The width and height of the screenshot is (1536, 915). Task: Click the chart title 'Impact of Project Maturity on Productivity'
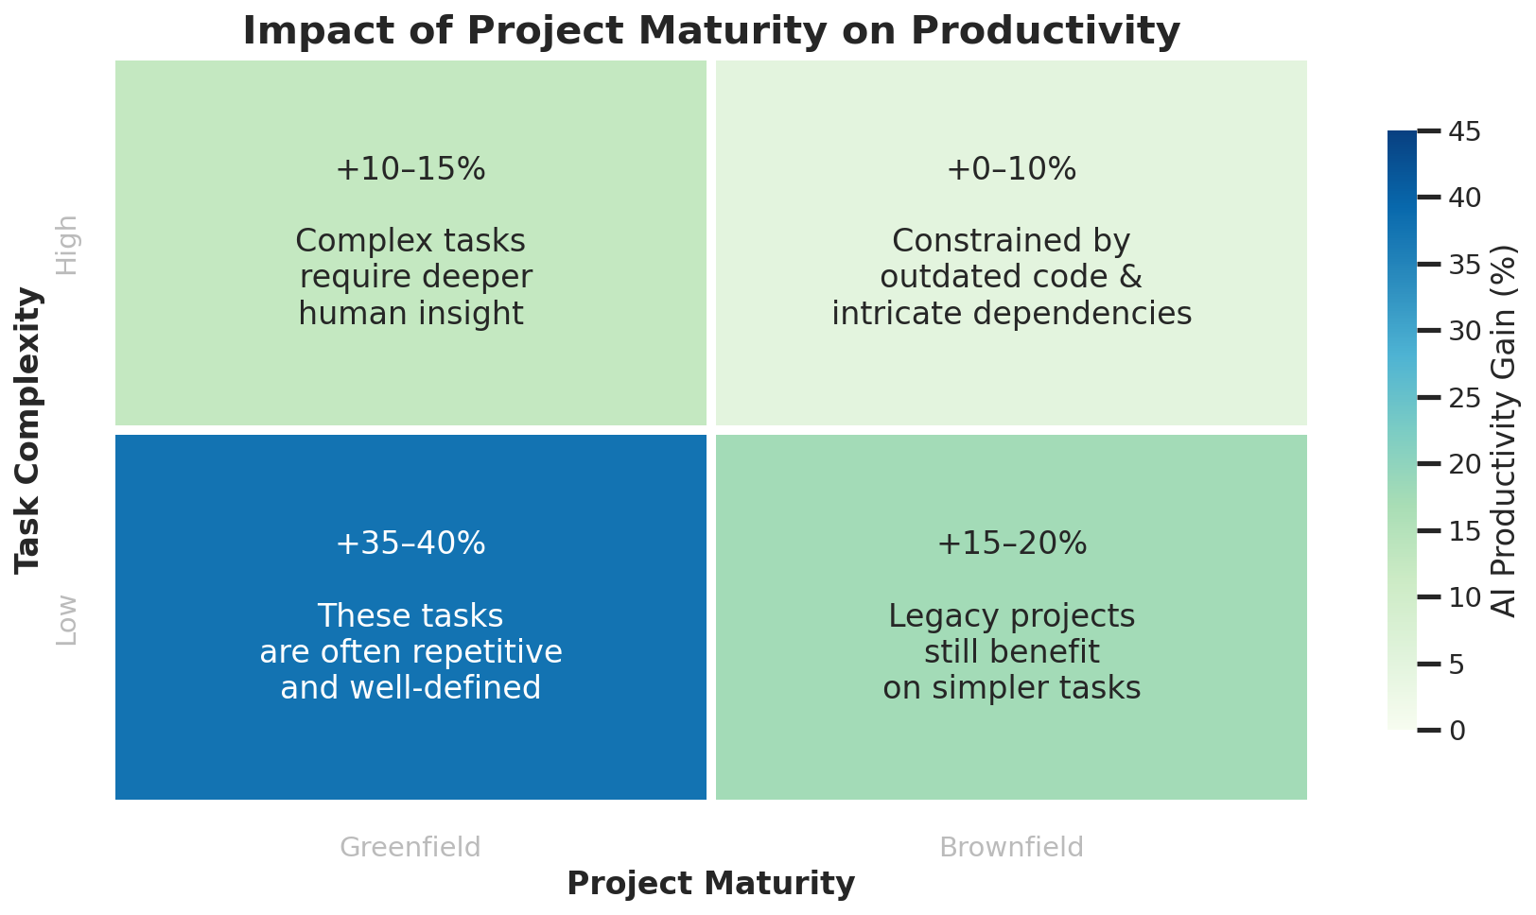711,30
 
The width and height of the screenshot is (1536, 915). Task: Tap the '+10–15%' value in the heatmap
410,169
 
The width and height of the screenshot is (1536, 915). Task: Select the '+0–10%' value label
1011,169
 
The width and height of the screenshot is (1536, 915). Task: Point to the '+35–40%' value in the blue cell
410,544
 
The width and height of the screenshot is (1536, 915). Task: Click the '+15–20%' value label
1011,544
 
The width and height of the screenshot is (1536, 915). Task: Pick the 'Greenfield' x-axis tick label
410,847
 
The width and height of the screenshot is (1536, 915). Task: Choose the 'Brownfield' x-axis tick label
1011,847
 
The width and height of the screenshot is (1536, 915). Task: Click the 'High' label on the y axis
67,245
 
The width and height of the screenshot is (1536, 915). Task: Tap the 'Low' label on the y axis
67,620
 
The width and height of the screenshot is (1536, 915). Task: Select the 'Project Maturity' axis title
711,884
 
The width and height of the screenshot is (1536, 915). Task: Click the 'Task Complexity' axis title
28,430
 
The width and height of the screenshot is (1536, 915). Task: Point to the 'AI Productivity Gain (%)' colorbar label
1505,430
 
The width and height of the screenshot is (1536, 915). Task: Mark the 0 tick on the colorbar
1457,731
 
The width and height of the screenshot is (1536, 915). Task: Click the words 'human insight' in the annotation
410,313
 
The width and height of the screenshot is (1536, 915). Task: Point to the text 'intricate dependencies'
1011,313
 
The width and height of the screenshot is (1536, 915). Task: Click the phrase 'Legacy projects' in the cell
1011,616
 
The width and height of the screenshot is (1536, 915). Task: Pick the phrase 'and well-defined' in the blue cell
410,688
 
